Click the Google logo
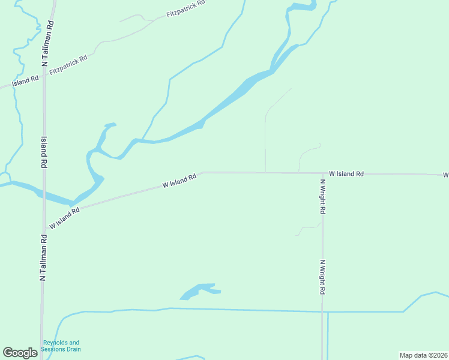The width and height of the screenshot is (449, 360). tap(20, 353)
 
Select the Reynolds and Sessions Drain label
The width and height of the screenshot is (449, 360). tap(61, 346)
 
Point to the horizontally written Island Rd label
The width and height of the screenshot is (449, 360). tap(25, 80)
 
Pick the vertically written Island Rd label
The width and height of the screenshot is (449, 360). tap(44, 152)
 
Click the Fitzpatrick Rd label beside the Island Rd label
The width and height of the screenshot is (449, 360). tap(68, 65)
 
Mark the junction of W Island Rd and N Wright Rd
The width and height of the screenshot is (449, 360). tap(322, 173)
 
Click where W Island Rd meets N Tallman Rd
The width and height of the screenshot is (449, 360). tap(43, 229)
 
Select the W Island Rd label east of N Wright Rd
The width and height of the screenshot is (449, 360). tap(346, 173)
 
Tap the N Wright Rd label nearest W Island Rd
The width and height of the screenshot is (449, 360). tap(322, 197)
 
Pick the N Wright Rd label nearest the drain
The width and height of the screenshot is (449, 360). tap(322, 277)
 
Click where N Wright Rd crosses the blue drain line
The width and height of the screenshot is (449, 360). tap(322, 312)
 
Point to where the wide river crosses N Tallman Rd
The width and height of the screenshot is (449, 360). tap(43, 195)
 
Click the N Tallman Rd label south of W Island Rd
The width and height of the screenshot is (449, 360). tap(43, 258)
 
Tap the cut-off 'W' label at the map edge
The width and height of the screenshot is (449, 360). tap(445, 175)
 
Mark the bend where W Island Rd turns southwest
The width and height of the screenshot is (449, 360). tap(203, 173)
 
